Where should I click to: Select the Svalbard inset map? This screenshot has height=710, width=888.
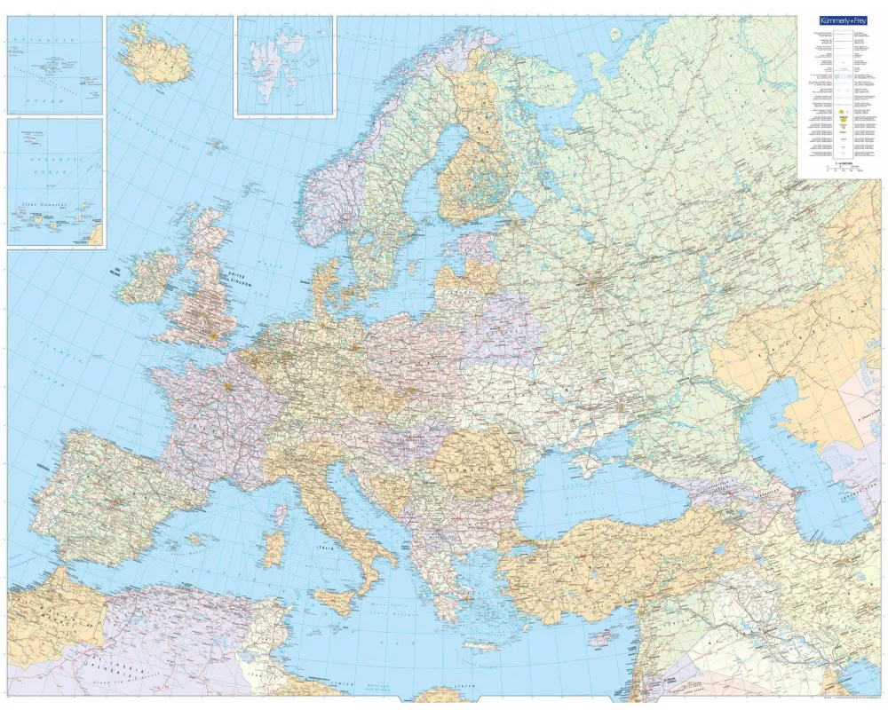[284, 66]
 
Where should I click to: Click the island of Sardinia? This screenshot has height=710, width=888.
[275, 548]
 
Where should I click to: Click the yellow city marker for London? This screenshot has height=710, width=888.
[213, 335]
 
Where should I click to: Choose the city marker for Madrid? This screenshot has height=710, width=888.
[115, 502]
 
